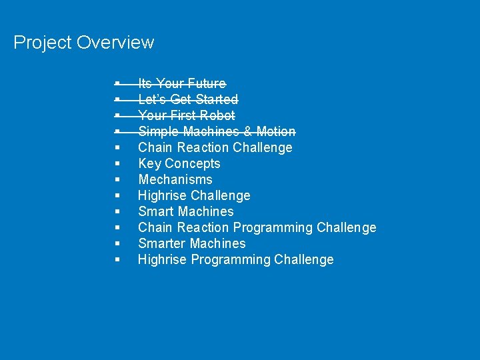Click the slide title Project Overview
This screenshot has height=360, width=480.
[83, 43]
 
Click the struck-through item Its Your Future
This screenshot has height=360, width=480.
[181, 83]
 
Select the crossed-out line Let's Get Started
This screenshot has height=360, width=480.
[187, 99]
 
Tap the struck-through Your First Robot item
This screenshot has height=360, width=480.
[186, 115]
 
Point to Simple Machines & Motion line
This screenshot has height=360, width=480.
[216, 131]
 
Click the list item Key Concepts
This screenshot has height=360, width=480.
[179, 163]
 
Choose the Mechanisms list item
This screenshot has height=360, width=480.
[175, 179]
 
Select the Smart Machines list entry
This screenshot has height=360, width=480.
[185, 211]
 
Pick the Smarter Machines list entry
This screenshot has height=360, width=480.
[191, 243]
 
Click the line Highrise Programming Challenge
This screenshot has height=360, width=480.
[235, 259]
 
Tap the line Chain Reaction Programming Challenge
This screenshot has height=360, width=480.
[257, 227]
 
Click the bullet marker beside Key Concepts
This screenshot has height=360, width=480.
[117, 163]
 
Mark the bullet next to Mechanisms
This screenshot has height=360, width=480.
[117, 179]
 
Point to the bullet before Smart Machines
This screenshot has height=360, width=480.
[117, 211]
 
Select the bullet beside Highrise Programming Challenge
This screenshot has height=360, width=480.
[117, 259]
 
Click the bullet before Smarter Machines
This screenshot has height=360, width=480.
[117, 243]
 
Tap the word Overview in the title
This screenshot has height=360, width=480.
[115, 43]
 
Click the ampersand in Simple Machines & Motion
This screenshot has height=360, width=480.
[248, 131]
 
